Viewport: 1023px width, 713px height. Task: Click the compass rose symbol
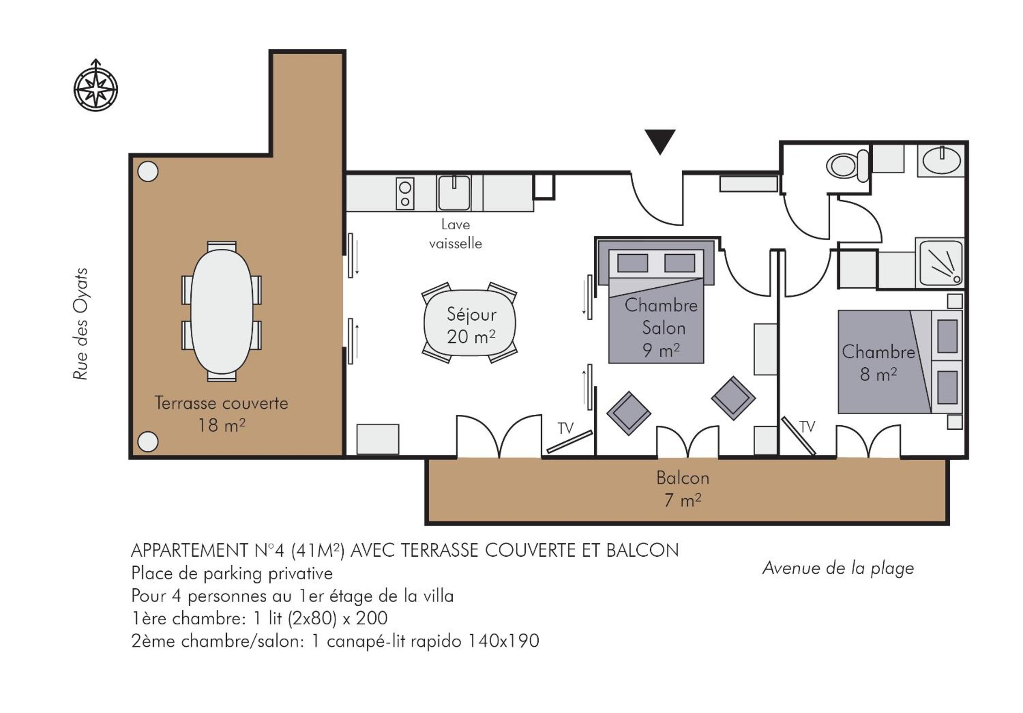pyautogui.click(x=96, y=85)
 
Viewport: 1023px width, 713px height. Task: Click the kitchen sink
pyautogui.click(x=454, y=192)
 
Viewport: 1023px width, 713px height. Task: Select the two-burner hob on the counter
pyautogui.click(x=405, y=193)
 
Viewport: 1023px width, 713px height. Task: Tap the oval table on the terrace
pyautogui.click(x=221, y=311)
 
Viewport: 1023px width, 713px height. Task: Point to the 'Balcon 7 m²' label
pyautogui.click(x=683, y=489)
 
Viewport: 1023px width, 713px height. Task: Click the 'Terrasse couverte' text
pyautogui.click(x=221, y=403)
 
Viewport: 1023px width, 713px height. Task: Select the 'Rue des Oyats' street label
pyautogui.click(x=81, y=324)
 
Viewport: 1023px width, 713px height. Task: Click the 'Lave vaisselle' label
pyautogui.click(x=455, y=234)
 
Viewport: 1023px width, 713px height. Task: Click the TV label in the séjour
pyautogui.click(x=566, y=428)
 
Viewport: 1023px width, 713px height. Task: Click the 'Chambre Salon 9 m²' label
pyautogui.click(x=661, y=328)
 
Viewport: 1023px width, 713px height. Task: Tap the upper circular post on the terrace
pyautogui.click(x=148, y=172)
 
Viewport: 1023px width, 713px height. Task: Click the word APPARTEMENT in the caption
pyautogui.click(x=189, y=550)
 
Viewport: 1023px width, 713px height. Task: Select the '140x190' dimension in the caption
pyautogui.click(x=503, y=641)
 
